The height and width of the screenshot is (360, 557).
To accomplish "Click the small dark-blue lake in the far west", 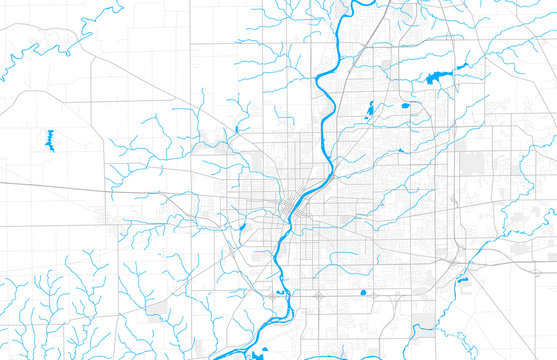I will pyautogui.click(x=50, y=141).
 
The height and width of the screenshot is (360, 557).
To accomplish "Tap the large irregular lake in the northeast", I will pyautogui.click(x=437, y=77).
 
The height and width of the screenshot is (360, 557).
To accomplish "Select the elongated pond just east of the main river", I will pyautogui.click(x=369, y=107).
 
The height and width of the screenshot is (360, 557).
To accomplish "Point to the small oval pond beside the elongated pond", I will pyautogui.click(x=404, y=104).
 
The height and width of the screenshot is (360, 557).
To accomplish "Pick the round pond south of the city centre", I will pyautogui.click(x=362, y=292).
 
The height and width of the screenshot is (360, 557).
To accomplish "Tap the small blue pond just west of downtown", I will pyautogui.click(x=243, y=227).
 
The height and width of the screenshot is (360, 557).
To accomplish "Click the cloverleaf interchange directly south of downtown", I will pyautogui.click(x=318, y=296).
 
